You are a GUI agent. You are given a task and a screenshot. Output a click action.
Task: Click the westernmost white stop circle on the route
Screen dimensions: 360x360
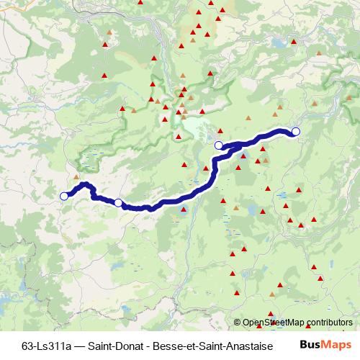click(x=63, y=196)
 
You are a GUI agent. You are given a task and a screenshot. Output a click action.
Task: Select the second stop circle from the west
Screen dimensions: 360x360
click(x=118, y=203)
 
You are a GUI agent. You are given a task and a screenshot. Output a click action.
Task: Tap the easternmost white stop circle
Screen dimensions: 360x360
click(x=295, y=130)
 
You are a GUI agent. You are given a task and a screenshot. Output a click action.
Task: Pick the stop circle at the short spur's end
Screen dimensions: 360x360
click(x=220, y=146)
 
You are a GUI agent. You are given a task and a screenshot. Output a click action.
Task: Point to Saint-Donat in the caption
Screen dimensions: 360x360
click(x=115, y=344)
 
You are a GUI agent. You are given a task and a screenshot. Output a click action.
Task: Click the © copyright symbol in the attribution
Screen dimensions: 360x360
click(x=238, y=323)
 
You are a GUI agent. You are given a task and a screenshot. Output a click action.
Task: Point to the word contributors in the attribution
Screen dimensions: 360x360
click(x=328, y=323)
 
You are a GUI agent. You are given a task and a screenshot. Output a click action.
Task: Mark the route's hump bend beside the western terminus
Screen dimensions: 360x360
click(x=86, y=186)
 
